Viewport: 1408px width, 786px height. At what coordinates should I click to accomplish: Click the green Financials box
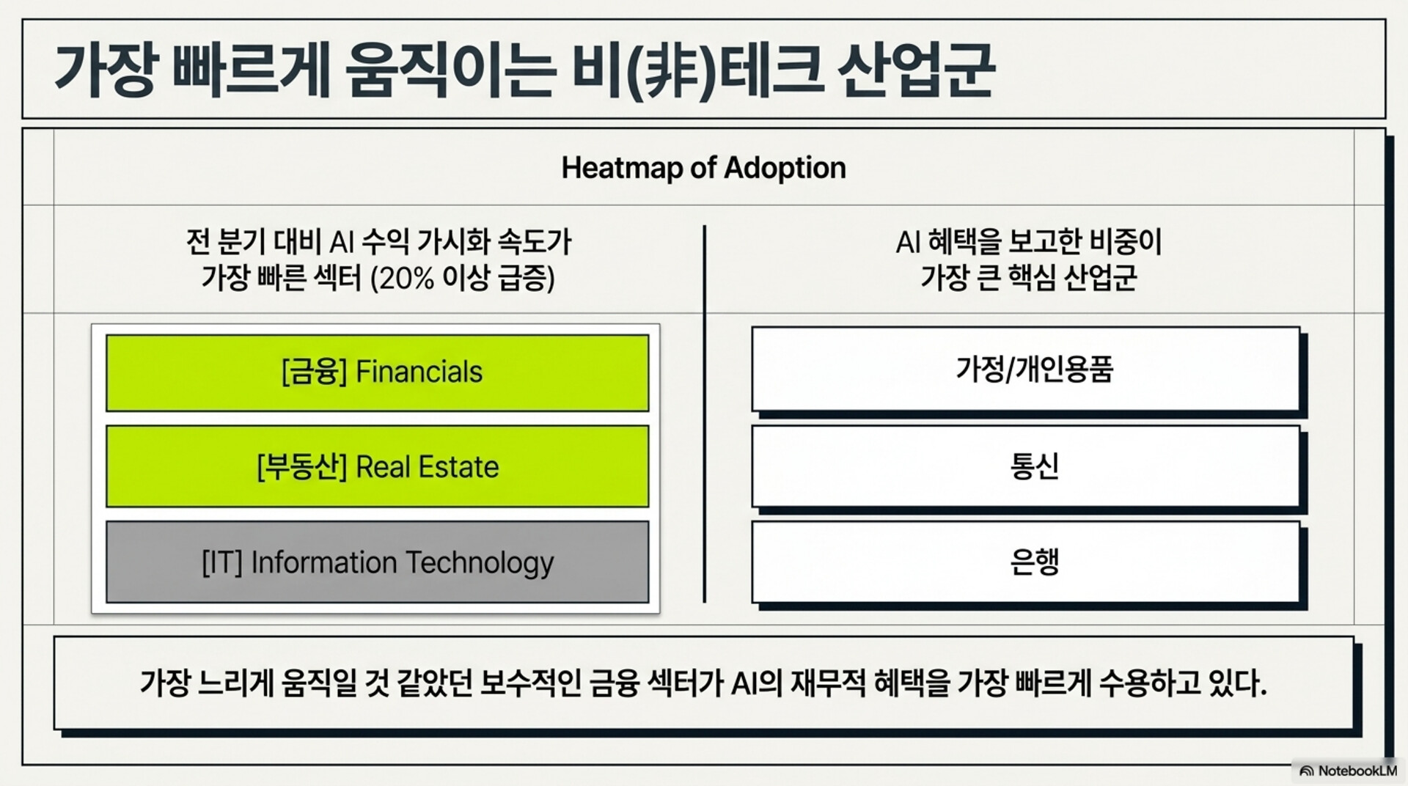[377, 372]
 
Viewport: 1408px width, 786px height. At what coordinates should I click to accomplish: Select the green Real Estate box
[377, 466]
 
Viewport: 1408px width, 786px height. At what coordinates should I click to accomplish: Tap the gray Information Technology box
[377, 562]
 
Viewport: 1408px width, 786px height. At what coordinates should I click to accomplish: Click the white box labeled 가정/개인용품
[1026, 369]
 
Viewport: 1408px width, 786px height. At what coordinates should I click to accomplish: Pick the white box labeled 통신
[1026, 466]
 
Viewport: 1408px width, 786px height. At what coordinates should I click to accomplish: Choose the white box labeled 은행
[1026, 562]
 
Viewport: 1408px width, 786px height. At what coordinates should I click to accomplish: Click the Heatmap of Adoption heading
[703, 168]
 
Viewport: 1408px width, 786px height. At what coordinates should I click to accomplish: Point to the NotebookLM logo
[1347, 771]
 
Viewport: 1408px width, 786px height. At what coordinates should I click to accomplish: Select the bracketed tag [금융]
[314, 372]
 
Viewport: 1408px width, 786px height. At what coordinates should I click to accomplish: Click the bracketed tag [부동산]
[301, 467]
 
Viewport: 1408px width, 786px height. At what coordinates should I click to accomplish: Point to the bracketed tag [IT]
[221, 563]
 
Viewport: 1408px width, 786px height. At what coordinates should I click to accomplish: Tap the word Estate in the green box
[458, 467]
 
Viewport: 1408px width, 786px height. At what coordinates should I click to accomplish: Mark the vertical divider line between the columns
[705, 414]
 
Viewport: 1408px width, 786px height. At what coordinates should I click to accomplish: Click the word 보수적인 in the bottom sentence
[530, 683]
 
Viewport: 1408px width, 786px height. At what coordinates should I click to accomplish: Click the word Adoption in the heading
[785, 169]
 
